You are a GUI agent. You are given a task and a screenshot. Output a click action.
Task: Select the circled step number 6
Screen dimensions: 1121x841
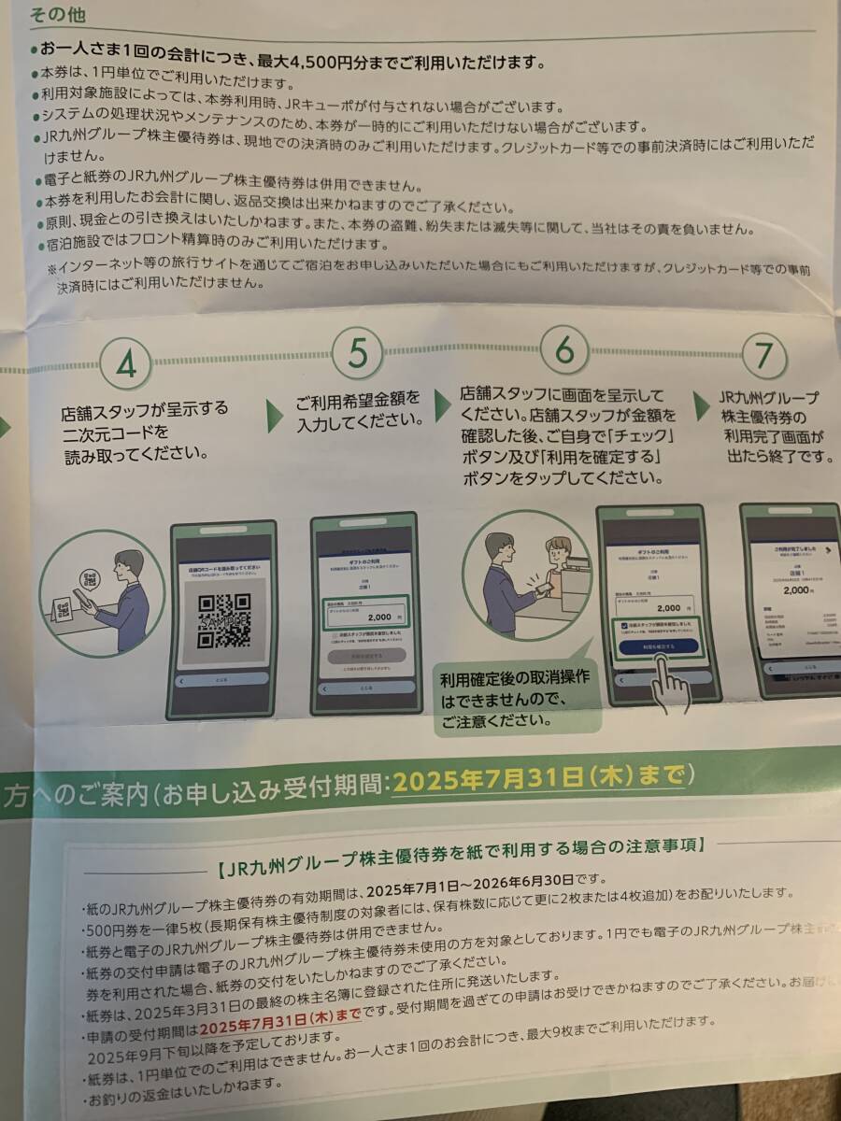564,351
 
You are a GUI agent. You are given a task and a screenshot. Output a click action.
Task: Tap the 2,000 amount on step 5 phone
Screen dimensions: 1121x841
379,617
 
